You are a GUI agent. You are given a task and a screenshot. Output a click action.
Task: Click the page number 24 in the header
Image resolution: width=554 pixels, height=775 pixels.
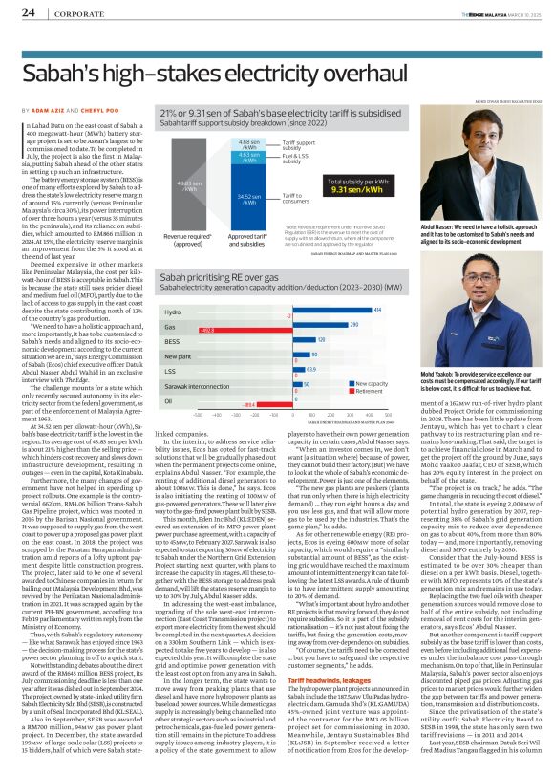pyautogui.click(x=28, y=13)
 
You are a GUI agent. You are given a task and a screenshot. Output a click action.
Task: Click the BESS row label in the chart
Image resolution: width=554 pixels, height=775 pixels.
pyautogui.click(x=172, y=339)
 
